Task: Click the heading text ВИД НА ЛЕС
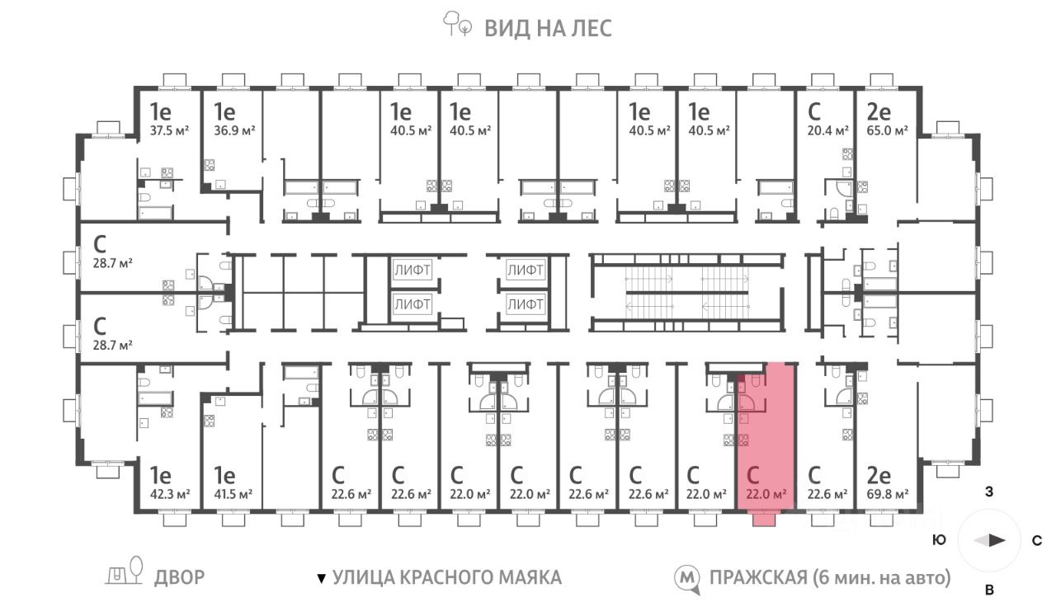click(548, 29)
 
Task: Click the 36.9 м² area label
click(234, 130)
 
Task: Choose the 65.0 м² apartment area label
click(887, 130)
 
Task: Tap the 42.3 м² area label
click(170, 495)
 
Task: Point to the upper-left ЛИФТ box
click(412, 270)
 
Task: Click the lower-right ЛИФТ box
click(526, 303)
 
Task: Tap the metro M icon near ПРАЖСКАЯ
click(686, 578)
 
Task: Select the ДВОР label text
click(179, 577)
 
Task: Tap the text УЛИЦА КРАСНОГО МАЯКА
click(446, 577)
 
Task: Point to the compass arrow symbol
click(989, 541)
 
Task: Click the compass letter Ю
click(938, 541)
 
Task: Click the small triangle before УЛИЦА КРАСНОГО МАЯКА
click(322, 578)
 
